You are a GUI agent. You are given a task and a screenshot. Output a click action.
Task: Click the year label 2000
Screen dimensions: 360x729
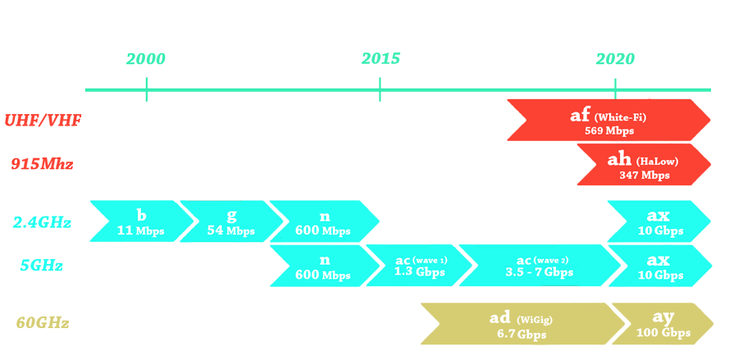(x=146, y=59)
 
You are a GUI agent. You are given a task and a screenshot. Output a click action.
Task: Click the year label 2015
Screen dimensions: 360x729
(x=380, y=59)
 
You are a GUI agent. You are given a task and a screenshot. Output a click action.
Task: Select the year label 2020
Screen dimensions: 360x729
(x=615, y=59)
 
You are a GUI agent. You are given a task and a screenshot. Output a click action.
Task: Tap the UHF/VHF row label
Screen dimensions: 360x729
(x=43, y=121)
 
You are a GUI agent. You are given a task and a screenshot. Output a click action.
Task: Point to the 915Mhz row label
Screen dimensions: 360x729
(x=42, y=164)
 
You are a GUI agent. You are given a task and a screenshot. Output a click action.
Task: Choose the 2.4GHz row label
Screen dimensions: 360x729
(x=42, y=222)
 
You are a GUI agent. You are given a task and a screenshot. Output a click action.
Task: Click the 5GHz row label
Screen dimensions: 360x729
(x=42, y=265)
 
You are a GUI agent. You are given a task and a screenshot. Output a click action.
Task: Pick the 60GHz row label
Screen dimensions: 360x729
(x=43, y=323)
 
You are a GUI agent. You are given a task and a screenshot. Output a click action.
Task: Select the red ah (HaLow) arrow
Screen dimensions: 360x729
(x=644, y=164)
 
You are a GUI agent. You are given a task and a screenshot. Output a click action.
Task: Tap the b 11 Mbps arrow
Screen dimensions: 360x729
(x=139, y=221)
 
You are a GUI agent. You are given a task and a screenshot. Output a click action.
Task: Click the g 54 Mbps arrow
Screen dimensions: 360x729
(x=230, y=221)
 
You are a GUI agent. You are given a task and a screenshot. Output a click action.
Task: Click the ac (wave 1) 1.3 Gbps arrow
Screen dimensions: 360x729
(x=419, y=266)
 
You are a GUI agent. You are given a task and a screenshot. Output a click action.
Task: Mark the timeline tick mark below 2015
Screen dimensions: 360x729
(x=380, y=89)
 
